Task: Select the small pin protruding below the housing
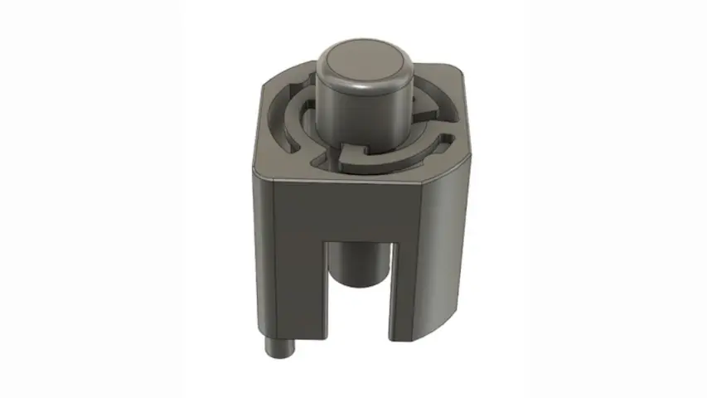(280, 348)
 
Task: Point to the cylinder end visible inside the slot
(359, 265)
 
